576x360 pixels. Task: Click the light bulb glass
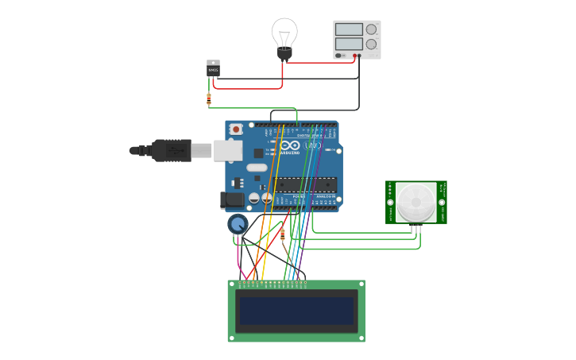[284, 33]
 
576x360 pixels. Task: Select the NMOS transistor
[213, 68]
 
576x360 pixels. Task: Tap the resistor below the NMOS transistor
[209, 99]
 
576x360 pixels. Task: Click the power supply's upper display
[348, 29]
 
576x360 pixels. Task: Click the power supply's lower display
[348, 44]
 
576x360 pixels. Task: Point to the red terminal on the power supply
[355, 56]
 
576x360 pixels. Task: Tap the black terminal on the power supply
[360, 56]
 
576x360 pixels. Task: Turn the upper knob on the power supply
[371, 29]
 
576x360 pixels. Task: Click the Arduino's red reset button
[236, 129]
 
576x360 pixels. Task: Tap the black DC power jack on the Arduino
[231, 200]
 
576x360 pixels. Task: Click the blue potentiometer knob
[237, 224]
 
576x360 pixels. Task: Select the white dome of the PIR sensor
[416, 202]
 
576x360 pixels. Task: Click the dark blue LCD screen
[296, 311]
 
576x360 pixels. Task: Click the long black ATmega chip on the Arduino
[305, 184]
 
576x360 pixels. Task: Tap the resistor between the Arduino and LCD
[283, 234]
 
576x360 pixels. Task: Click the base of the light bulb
[284, 54]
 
